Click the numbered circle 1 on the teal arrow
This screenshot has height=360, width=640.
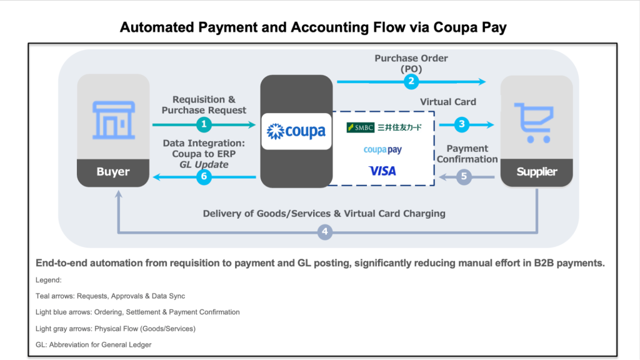204,124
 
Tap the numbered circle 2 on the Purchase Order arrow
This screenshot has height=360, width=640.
411,82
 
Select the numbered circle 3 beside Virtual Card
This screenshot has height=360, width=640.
462,124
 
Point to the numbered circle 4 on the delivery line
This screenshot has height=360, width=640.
325,232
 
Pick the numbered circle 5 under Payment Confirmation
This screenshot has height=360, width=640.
464,177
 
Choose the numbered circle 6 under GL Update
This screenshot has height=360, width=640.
204,177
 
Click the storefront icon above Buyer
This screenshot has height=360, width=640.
114,120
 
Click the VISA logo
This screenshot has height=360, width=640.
382,171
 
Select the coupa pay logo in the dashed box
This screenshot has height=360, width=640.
382,150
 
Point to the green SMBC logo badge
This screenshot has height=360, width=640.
361,127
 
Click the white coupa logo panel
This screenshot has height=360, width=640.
296,131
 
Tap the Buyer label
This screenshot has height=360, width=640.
113,171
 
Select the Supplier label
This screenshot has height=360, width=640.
537,171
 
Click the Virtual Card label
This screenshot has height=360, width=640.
448,102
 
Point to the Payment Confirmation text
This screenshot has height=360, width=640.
467,154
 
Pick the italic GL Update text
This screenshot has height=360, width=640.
204,164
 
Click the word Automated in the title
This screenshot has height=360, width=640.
157,27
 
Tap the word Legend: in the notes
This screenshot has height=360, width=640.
49,280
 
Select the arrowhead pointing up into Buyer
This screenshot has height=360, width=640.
119,194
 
